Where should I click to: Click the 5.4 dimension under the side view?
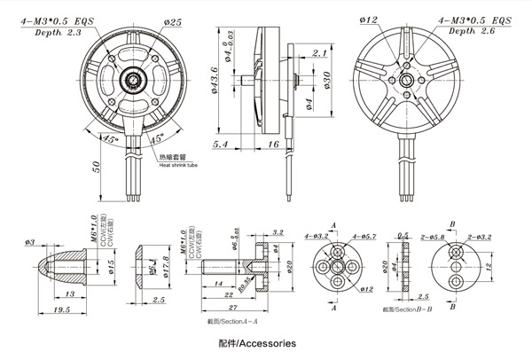221,143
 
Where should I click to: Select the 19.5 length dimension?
60,310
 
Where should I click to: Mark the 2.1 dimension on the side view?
321,54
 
